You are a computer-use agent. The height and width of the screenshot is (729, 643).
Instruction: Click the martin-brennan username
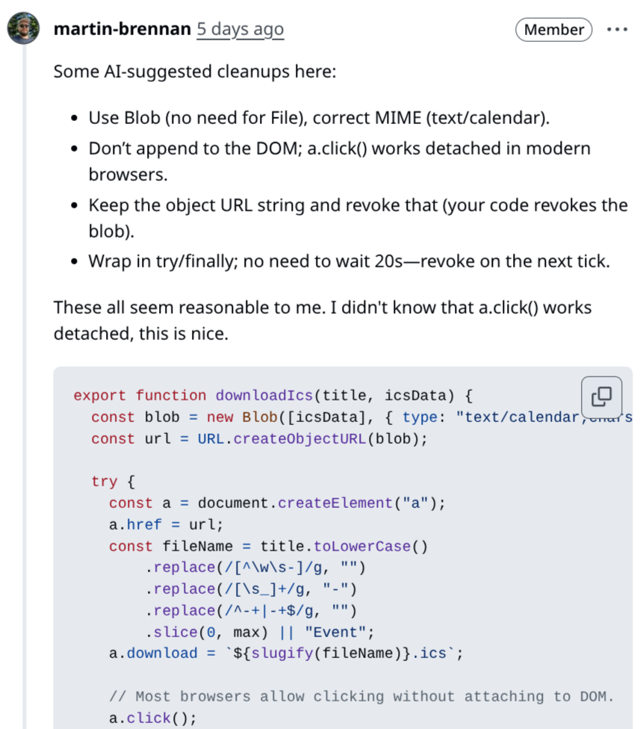click(121, 29)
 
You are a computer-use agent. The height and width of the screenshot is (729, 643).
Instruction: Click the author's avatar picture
click(23, 28)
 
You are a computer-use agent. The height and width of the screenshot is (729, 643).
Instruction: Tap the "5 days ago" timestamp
click(240, 29)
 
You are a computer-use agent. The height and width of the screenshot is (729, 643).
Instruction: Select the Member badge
click(553, 30)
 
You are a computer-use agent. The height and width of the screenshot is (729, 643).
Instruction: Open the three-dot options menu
click(618, 30)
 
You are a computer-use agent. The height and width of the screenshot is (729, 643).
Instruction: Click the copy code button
click(601, 397)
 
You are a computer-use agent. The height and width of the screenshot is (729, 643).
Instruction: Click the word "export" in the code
click(100, 395)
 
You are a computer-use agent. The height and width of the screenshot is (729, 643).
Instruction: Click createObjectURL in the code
click(299, 438)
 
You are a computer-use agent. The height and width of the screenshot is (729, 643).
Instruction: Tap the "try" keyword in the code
click(104, 482)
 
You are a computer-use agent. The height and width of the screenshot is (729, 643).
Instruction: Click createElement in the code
click(335, 503)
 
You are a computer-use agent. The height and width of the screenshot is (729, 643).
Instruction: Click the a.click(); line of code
click(152, 719)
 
